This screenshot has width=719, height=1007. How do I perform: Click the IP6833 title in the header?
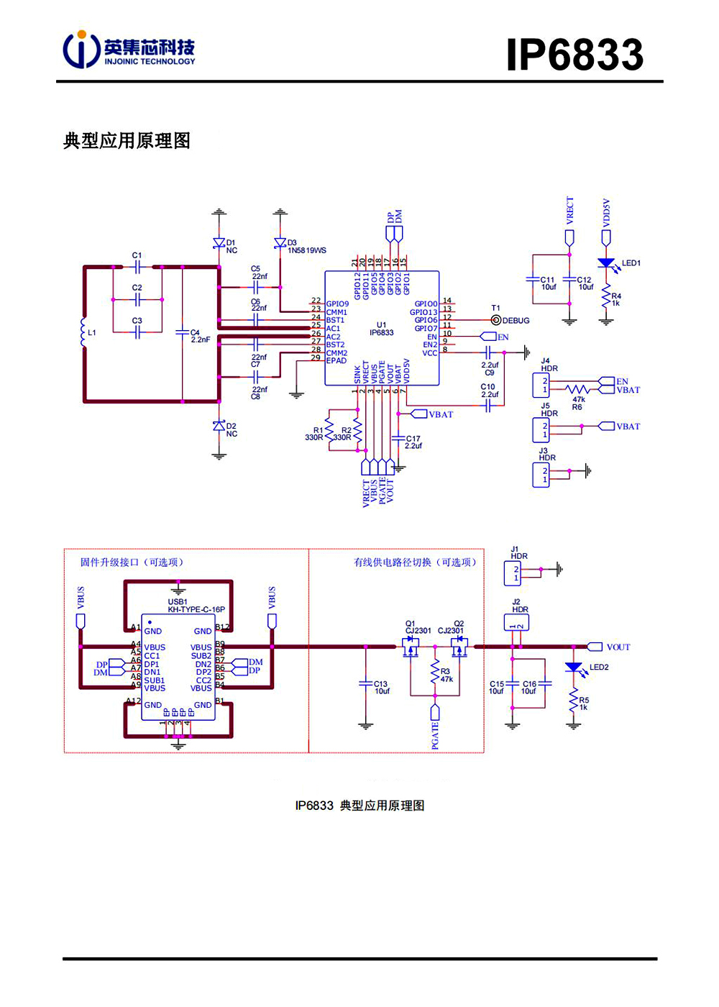[x=574, y=55]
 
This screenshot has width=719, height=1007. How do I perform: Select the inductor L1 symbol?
[x=83, y=333]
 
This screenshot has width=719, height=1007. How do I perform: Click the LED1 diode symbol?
[x=606, y=263]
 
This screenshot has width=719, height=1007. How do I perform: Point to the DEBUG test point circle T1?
[x=495, y=320]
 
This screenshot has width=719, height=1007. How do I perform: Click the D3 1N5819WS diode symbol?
[x=280, y=244]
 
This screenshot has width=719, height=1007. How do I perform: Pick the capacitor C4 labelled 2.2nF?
[x=182, y=332]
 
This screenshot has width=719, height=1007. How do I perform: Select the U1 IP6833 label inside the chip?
[x=381, y=329]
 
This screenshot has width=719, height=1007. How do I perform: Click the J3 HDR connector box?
[x=541, y=475]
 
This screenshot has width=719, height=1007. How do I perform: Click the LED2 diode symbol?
[x=573, y=667]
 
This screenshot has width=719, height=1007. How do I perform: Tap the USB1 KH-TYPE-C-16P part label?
[x=196, y=606]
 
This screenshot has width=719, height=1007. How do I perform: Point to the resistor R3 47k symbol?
[x=434, y=673]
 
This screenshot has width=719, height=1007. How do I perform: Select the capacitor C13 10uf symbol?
[x=365, y=683]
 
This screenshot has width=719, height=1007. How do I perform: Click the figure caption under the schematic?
[x=359, y=806]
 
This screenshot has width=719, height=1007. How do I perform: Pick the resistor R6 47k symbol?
[x=577, y=390]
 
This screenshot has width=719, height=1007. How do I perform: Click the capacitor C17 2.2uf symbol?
[x=398, y=438]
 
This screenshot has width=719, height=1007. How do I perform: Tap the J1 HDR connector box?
[x=513, y=573]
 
